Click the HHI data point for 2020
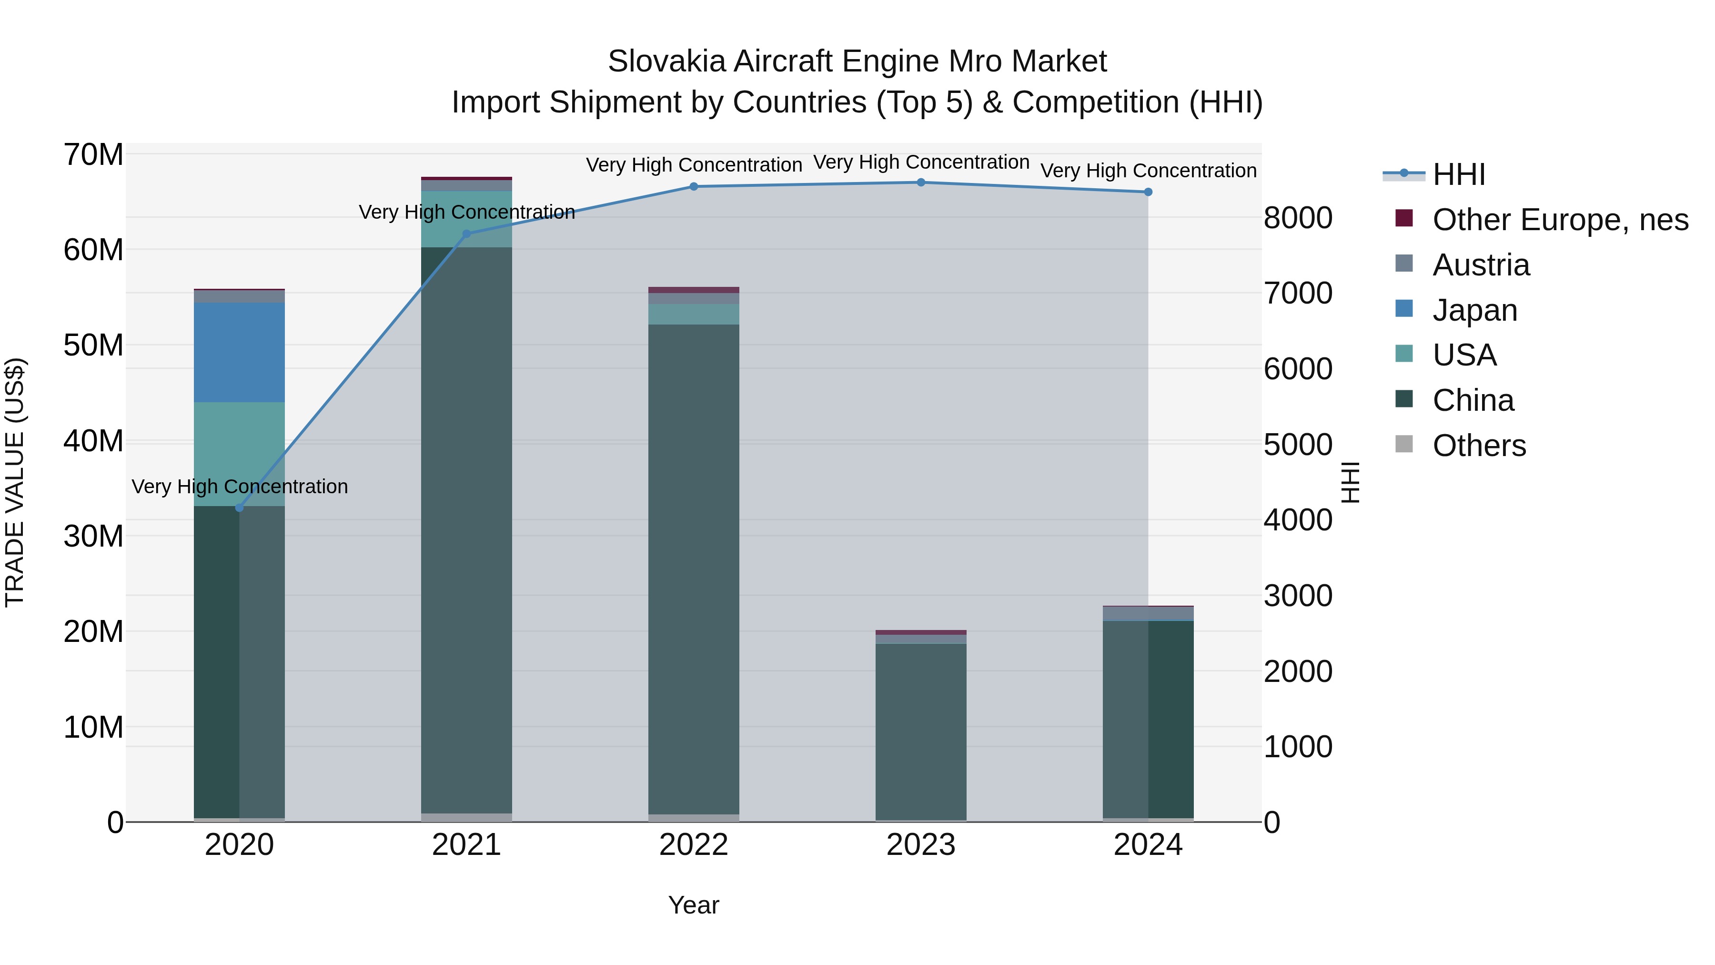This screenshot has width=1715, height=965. [240, 508]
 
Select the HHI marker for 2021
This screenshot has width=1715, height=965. [467, 234]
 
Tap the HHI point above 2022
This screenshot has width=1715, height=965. [694, 186]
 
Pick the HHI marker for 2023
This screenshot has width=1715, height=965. [921, 183]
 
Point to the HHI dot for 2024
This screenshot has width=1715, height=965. [1148, 192]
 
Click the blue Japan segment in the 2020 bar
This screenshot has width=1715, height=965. [240, 352]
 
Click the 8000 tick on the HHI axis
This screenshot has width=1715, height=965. [1298, 218]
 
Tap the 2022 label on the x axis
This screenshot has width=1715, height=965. [694, 845]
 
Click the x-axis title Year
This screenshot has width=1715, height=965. [694, 905]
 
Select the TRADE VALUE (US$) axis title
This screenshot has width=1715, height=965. [15, 482]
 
